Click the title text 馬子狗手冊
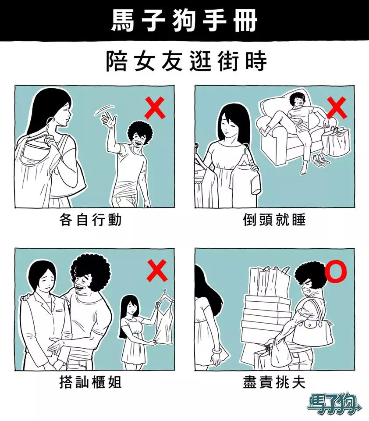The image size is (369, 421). point(184,21)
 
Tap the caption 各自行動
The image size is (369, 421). point(91,220)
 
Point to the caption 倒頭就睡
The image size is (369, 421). point(274,220)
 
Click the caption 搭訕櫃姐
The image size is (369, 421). point(91,382)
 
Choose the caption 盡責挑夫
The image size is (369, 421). point(274,382)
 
